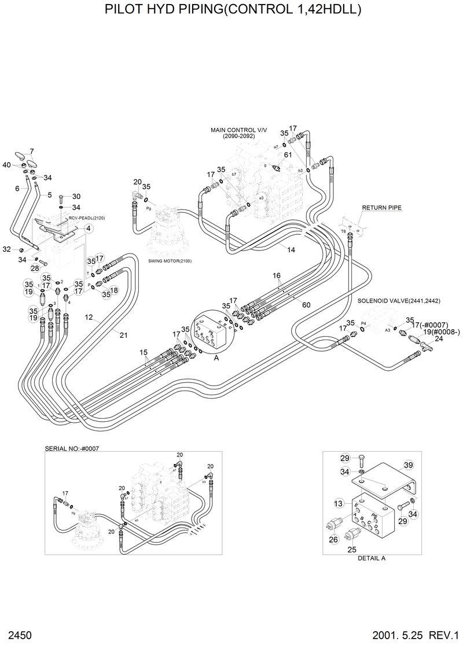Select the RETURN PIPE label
(381, 207)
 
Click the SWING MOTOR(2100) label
(170, 261)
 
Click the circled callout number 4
(89, 228)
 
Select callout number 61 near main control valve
(288, 154)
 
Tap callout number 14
(291, 249)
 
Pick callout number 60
(306, 305)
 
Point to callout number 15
(144, 352)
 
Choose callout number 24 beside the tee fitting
(438, 340)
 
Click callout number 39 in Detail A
(408, 466)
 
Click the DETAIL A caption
(372, 559)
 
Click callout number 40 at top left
(7, 165)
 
